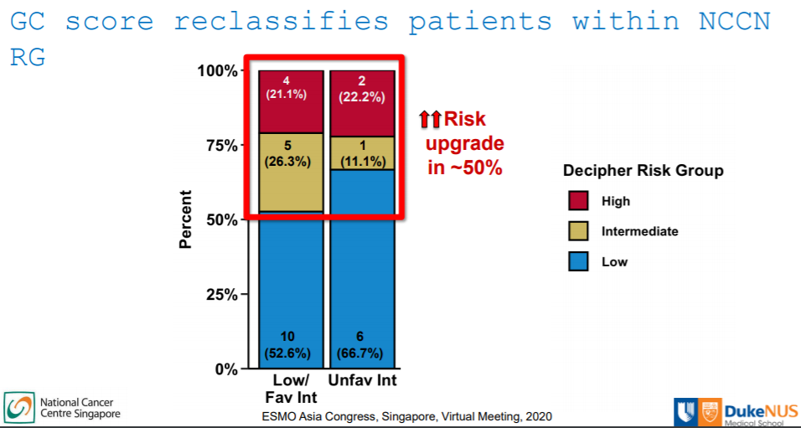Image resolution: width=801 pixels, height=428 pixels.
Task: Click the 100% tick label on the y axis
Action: tap(217, 70)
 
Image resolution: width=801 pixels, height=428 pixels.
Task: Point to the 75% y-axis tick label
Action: tap(220, 145)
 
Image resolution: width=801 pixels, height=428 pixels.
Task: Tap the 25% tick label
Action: tap(220, 295)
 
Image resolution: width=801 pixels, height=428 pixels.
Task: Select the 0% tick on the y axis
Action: tap(225, 369)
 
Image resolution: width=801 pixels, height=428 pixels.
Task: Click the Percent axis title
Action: tap(186, 219)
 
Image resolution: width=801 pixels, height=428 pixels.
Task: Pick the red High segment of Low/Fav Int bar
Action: tap(291, 101)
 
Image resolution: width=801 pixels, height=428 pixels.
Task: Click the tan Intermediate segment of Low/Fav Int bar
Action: tap(291, 172)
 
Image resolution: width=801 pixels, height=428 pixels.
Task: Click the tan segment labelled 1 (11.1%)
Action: tap(362, 153)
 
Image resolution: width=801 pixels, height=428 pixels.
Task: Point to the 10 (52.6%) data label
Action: tap(291, 344)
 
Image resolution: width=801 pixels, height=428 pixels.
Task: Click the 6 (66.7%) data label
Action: tap(362, 344)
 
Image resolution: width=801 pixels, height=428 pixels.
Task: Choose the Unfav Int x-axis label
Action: tap(362, 381)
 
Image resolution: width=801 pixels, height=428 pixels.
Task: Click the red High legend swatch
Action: tap(579, 201)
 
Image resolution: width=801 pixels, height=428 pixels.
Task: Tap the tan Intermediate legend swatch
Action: tap(579, 231)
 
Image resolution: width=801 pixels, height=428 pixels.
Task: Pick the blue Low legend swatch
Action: tap(579, 261)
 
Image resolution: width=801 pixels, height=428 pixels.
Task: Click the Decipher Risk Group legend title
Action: tap(643, 171)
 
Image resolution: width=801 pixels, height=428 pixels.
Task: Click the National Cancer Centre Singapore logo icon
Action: tap(18, 407)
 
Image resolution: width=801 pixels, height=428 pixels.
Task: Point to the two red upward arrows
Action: tap(430, 120)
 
